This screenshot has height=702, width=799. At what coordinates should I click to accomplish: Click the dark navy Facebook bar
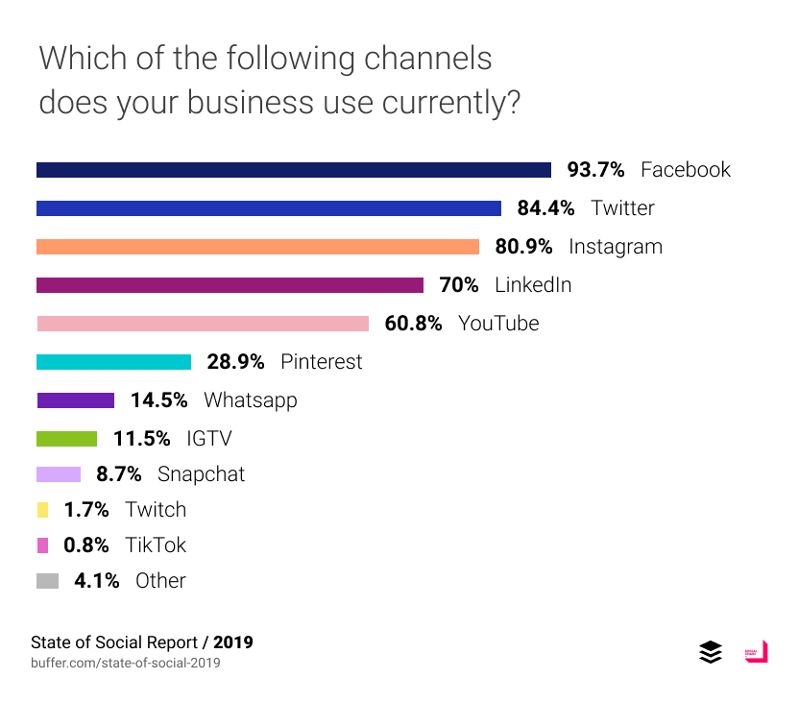coord(293,170)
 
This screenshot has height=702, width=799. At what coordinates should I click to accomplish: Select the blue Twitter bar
coord(269,208)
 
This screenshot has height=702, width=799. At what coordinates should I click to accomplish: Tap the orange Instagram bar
coord(257,247)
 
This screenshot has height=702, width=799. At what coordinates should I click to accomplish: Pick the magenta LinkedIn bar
coord(230,285)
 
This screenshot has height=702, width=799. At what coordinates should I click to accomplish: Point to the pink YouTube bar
coord(203,324)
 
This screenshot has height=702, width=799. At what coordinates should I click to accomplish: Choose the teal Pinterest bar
coord(113,362)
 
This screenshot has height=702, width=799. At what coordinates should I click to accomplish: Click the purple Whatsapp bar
coord(75,400)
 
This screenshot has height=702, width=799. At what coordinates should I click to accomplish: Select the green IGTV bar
coord(66,439)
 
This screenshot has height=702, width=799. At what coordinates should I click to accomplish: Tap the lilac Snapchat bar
coord(59,474)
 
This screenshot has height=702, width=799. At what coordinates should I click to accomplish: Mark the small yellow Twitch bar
coord(42,510)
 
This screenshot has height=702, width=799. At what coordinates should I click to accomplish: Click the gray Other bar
coord(47,581)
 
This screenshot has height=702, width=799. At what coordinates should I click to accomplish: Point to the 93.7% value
coord(595,170)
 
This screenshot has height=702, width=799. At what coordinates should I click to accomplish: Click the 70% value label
coord(459,285)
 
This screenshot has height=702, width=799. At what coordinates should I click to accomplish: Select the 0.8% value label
coord(85,545)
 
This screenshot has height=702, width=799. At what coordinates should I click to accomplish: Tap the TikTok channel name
coord(156,545)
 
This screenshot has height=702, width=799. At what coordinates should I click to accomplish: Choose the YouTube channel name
coord(498,324)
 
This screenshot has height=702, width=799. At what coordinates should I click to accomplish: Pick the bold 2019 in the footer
coord(233,641)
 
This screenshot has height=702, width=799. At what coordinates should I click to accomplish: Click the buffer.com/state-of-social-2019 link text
coord(126,663)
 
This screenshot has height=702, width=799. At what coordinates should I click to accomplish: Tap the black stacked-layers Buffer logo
coord(711,652)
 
